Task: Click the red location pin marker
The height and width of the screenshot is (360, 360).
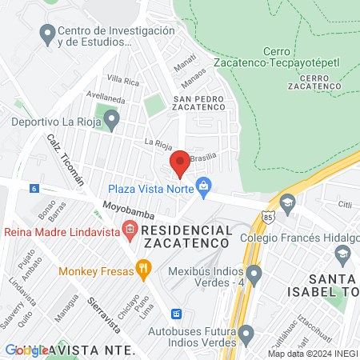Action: [180, 163]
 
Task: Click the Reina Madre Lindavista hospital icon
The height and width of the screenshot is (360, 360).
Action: [129, 232]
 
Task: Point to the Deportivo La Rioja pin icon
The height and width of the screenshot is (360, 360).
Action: [112, 122]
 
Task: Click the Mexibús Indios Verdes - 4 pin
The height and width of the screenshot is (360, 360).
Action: [254, 277]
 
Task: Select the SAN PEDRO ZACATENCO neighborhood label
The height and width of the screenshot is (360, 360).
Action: [204, 102]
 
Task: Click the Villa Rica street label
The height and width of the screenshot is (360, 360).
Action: [123, 79]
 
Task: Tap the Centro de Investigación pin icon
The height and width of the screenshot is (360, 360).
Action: [46, 35]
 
